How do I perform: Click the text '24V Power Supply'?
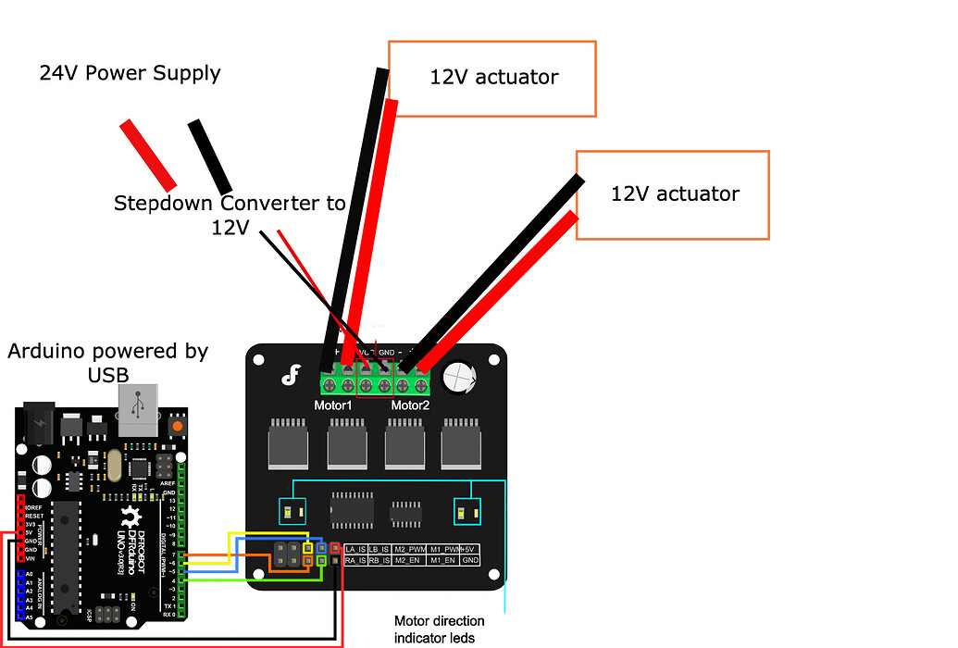130,73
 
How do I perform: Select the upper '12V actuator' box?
492,78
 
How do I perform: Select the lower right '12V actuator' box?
674,194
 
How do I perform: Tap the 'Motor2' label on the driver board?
410,405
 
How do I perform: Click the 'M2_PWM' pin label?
408,549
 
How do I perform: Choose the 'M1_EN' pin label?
443,561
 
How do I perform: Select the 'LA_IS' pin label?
355,549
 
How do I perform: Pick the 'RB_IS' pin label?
379,561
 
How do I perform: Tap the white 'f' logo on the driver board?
291,375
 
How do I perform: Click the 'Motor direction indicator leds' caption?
439,629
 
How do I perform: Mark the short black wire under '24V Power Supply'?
210,156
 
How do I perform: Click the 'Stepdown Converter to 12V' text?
230,214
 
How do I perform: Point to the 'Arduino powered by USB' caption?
107,362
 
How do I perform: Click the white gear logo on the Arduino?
132,518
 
